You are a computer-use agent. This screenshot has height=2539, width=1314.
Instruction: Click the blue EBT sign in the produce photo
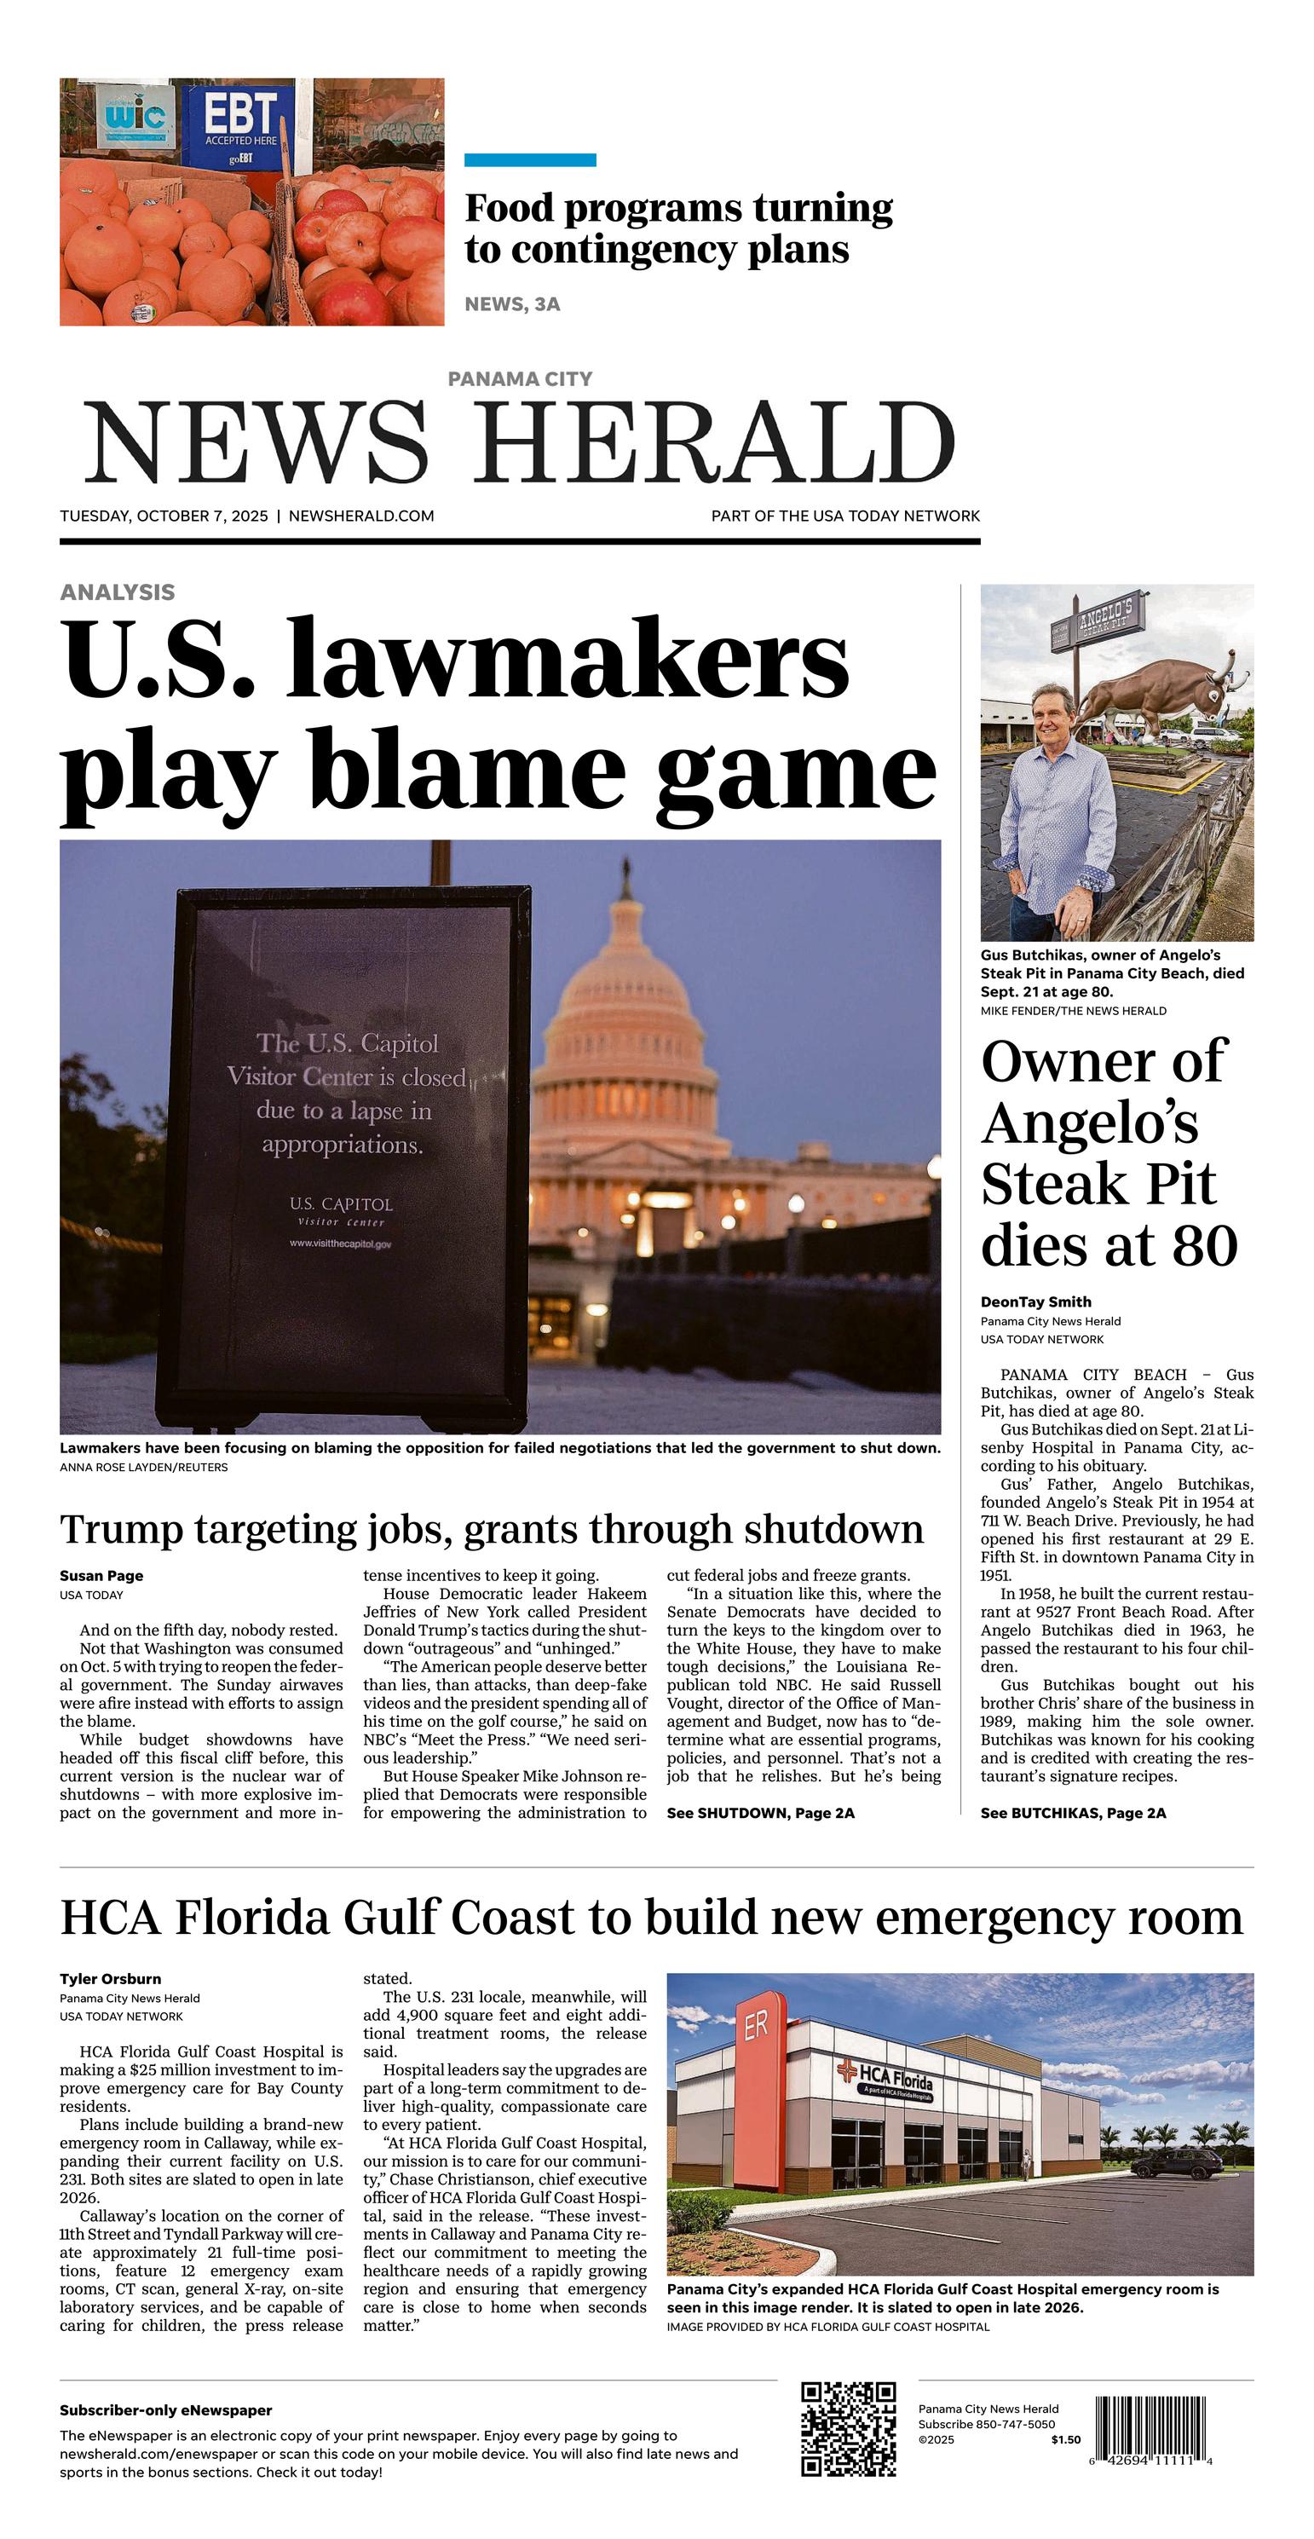[237, 125]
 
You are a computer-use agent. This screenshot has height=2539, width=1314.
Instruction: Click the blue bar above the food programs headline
[529, 159]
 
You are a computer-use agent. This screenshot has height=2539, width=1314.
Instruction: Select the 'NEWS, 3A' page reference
[511, 304]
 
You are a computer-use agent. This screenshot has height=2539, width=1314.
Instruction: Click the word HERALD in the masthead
[717, 442]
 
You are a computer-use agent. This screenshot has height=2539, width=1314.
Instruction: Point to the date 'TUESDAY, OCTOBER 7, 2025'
[164, 516]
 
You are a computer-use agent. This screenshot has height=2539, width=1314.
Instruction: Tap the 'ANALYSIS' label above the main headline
[118, 591]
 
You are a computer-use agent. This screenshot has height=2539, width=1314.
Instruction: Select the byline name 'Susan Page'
[101, 1575]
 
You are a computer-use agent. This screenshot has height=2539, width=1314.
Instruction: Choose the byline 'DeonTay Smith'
[1035, 1301]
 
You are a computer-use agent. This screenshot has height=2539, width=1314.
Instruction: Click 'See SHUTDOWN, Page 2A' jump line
[760, 1813]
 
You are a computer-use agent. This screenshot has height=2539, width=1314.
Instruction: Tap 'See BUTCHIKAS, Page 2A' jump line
[1073, 1813]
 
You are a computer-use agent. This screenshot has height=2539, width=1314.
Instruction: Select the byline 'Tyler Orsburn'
[109, 1978]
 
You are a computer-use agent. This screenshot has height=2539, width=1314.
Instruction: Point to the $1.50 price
[1064, 2439]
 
